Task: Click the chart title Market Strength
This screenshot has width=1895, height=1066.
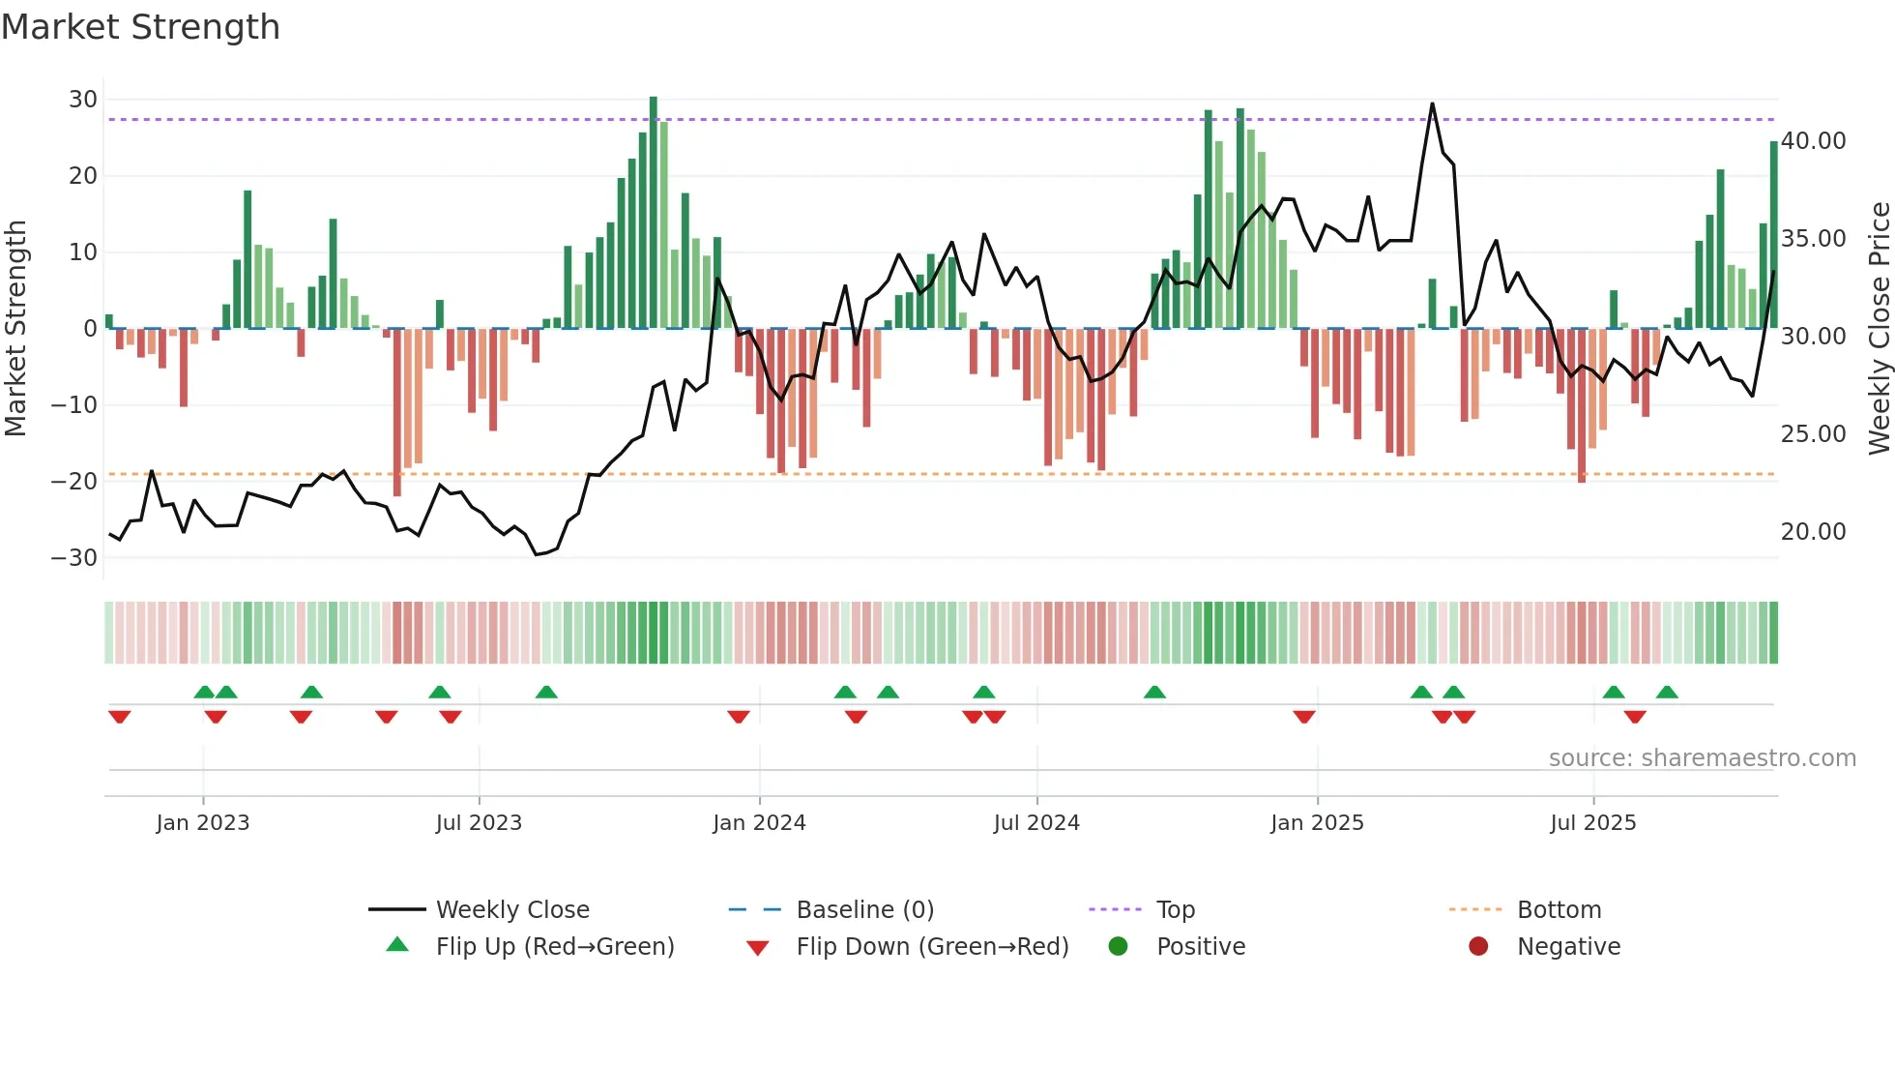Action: pos(140,27)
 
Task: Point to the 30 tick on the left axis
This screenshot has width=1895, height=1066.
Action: pos(83,100)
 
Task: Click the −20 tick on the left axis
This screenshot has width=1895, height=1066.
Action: pos(75,482)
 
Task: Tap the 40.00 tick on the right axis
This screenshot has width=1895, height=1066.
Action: pos(1813,141)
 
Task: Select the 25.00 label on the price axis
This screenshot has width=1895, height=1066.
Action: pos(1813,434)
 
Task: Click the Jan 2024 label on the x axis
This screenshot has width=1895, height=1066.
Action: pos(759,823)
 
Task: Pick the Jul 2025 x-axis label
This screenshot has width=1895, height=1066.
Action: pos(1592,823)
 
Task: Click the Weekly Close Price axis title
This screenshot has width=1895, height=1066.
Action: pos(1879,329)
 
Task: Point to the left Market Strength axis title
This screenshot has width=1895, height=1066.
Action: pos(16,329)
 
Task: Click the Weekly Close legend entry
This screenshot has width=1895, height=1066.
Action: pos(511,910)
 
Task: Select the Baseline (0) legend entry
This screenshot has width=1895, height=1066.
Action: pos(864,910)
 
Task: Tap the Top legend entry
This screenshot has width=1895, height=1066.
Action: pos(1175,910)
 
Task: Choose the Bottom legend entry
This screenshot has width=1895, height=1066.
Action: pos(1559,910)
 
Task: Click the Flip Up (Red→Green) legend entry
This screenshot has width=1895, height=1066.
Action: pos(554,947)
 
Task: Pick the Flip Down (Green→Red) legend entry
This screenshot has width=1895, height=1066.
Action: pos(931,947)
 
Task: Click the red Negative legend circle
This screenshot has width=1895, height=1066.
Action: pos(1478,947)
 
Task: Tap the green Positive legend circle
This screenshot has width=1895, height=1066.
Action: pos(1119,947)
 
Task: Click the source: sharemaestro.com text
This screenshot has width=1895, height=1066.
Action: pos(1702,758)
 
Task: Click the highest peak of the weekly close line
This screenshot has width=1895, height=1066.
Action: pos(1432,104)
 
